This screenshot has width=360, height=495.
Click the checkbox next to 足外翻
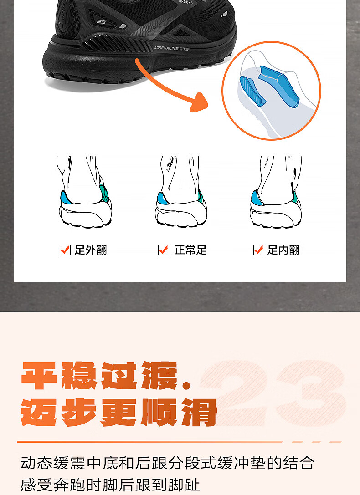[x=65, y=250]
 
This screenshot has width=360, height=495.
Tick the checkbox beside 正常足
[x=164, y=250]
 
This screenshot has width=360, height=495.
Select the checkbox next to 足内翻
[x=259, y=250]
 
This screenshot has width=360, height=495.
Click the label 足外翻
[x=91, y=250]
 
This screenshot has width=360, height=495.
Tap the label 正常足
[x=190, y=250]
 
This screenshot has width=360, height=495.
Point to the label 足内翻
[x=283, y=250]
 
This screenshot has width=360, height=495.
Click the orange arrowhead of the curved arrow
[x=199, y=102]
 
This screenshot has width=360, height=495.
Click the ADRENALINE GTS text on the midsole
[x=171, y=48]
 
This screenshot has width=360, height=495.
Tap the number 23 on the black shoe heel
[x=101, y=22]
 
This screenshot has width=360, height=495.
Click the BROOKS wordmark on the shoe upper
[x=185, y=2]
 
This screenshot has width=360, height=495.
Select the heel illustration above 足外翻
[x=84, y=192]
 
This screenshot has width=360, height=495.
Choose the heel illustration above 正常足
[x=181, y=192]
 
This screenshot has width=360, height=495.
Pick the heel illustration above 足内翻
[x=276, y=192]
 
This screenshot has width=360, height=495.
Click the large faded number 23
[x=273, y=393]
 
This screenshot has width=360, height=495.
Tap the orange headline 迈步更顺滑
[x=119, y=412]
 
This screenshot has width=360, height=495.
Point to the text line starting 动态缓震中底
[x=168, y=463]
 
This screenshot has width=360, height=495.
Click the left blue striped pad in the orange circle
[x=252, y=91]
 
